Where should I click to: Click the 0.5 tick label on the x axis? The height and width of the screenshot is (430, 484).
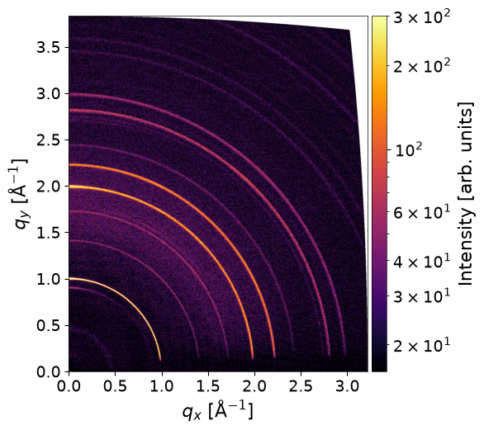[x=115, y=386]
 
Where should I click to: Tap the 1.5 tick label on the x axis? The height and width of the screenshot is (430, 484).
[x=208, y=386]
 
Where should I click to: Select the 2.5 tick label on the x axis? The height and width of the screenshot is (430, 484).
[x=301, y=386]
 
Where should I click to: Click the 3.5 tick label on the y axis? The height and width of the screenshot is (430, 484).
[x=48, y=47]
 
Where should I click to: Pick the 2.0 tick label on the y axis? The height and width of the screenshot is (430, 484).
[x=48, y=187]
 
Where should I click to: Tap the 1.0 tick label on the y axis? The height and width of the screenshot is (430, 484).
[x=48, y=279]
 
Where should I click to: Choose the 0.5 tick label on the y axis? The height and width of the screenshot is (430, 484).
[x=48, y=325]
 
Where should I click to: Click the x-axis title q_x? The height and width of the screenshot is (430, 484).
[x=217, y=411]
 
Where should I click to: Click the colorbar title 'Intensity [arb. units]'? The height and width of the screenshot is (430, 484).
[x=466, y=193]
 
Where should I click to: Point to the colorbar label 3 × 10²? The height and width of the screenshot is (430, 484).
[x=422, y=17]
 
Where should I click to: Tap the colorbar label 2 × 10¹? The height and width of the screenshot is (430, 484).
[x=422, y=345]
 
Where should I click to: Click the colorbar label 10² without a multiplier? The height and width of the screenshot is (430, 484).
[x=408, y=149]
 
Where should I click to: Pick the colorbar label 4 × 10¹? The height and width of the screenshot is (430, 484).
[x=422, y=261]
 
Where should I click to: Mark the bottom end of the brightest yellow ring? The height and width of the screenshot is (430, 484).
[x=160, y=360]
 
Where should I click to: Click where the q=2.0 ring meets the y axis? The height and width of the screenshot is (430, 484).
[x=69, y=187]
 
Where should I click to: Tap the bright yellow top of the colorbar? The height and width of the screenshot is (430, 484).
[x=379, y=19]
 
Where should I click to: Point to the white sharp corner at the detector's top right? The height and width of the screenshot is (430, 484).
[x=349, y=30]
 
